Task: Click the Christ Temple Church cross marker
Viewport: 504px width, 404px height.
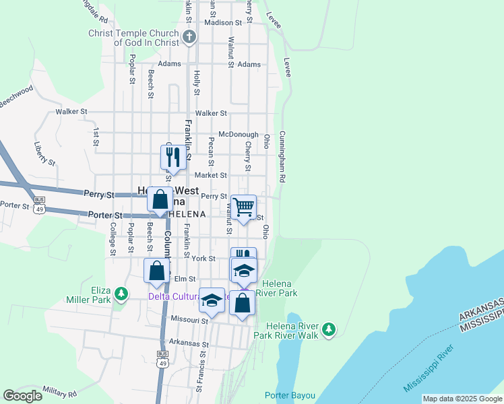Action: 189,36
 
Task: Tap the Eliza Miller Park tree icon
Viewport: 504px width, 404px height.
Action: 121,293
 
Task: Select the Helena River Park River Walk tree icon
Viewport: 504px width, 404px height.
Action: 328,329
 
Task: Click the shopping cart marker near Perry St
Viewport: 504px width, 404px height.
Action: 243,207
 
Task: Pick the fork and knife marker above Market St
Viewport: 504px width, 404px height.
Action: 172,158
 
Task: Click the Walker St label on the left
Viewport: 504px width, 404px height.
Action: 71,111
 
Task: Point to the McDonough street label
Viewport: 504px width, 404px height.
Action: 234,133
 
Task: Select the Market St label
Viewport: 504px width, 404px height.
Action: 211,175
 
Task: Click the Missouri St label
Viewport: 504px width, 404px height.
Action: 188,321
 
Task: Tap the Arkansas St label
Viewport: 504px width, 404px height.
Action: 189,343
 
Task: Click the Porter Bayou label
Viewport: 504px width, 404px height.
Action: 290,395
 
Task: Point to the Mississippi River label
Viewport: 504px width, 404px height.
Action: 429,370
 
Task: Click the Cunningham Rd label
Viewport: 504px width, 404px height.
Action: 283,156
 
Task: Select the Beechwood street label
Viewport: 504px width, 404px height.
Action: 15,96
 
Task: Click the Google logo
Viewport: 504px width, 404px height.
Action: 22,396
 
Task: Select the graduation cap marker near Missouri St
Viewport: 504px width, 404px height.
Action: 212,300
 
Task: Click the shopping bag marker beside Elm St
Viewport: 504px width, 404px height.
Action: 156,271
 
